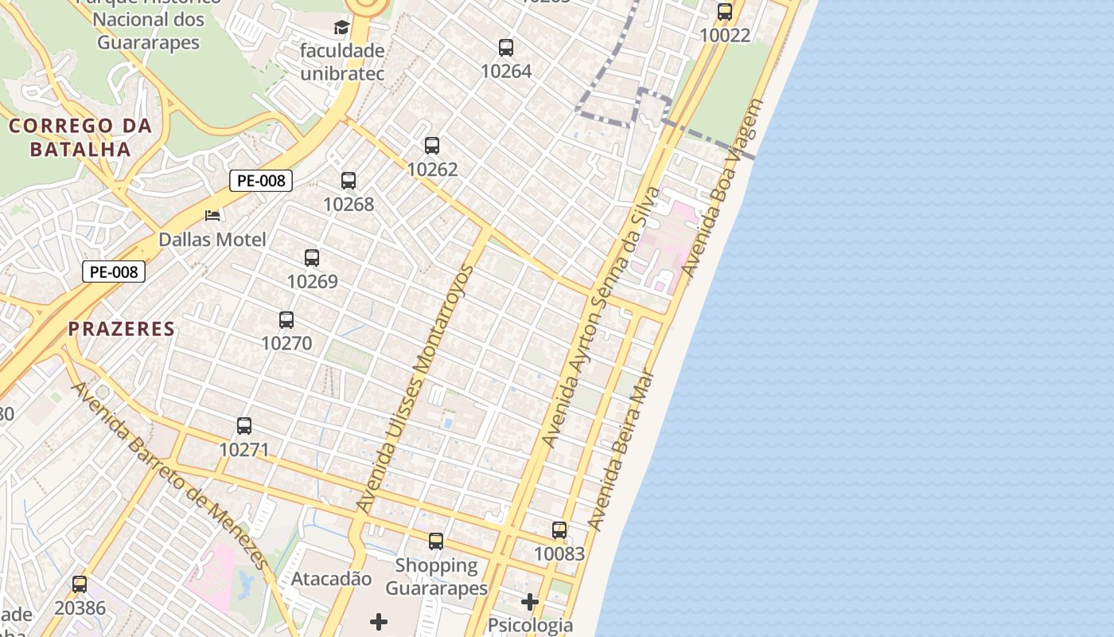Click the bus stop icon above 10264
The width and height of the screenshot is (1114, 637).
506,48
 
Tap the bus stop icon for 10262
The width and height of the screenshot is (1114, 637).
432,146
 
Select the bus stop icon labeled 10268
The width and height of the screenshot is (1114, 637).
349,181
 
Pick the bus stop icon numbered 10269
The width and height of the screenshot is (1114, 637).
312,258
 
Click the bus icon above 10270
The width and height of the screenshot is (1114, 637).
286,320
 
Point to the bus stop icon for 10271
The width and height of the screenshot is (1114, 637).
244,426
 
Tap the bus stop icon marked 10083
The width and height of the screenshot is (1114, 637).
559,530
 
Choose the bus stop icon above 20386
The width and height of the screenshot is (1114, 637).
80,584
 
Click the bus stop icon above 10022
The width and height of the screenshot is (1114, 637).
725,12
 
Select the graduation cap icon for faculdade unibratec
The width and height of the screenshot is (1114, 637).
341,28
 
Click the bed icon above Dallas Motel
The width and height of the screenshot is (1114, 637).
212,215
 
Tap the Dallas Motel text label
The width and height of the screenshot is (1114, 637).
212,240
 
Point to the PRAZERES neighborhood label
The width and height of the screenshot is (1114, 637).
121,329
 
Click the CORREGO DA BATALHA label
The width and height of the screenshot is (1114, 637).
80,137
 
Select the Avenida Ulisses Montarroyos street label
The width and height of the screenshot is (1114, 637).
415,389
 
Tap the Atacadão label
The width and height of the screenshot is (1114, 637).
331,579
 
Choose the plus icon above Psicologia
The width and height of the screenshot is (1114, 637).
530,602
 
